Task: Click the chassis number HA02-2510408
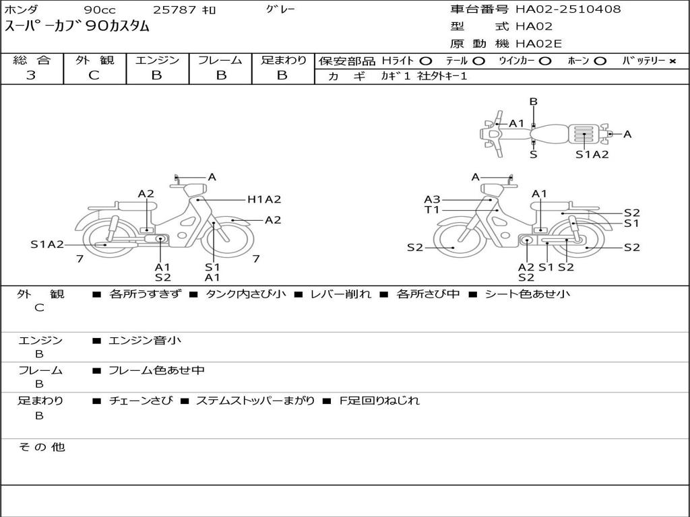coord(568,9)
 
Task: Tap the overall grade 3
coord(31,75)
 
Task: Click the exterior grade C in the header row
coord(94,75)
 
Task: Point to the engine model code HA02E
coord(538,44)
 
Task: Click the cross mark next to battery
coord(672,61)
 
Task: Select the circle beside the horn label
coord(600,61)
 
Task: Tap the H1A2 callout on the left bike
coord(264,199)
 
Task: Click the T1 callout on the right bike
coord(432,210)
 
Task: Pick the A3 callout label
coord(432,199)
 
